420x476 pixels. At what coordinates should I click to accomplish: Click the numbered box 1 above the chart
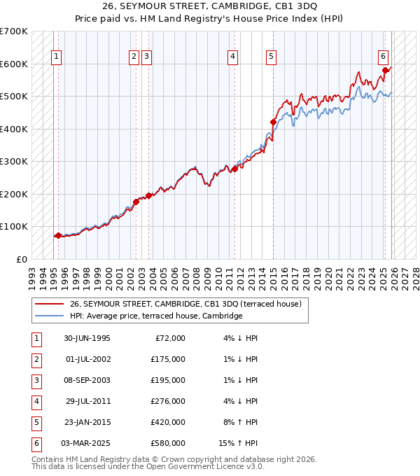point(56,57)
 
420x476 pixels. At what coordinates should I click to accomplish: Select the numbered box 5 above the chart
point(271,57)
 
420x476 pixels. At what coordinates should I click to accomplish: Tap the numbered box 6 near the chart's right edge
point(384,57)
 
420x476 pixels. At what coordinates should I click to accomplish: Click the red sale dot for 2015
point(273,122)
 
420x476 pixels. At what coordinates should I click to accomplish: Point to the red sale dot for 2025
point(386,70)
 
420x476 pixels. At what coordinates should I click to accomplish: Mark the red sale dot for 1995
point(58,235)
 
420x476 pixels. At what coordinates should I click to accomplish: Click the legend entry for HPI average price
point(155,316)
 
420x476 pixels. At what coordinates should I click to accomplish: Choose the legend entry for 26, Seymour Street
point(185,304)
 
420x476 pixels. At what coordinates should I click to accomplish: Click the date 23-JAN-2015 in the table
point(86,422)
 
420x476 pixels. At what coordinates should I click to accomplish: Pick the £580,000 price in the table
point(167,443)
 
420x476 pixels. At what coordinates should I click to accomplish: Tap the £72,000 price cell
point(170,338)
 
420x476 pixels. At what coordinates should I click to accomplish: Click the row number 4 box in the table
point(36,401)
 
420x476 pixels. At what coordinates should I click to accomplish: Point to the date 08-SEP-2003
point(86,380)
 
